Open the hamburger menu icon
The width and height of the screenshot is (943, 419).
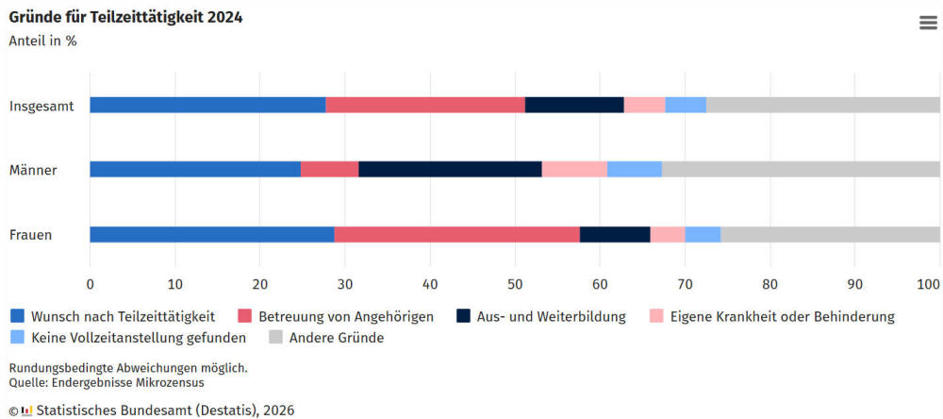click(x=928, y=24)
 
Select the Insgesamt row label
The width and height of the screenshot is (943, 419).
click(x=41, y=106)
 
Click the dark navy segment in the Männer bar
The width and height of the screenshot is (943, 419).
click(x=450, y=170)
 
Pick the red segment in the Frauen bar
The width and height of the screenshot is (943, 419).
click(x=456, y=235)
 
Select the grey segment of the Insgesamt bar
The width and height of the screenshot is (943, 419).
click(x=822, y=105)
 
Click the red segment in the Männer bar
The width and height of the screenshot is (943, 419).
click(x=329, y=170)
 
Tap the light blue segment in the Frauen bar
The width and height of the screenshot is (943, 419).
click(x=703, y=235)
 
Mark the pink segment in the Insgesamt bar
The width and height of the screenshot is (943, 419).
click(x=644, y=105)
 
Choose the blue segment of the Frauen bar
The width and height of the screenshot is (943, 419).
click(x=211, y=235)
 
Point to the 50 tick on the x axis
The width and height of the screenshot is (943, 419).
click(x=515, y=283)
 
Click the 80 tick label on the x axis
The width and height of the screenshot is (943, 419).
click(x=769, y=283)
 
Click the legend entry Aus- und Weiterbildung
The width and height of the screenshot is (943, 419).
click(x=554, y=317)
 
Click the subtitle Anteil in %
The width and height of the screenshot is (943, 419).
click(x=42, y=42)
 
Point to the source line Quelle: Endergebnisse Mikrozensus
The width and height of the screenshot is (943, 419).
click(x=107, y=382)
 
